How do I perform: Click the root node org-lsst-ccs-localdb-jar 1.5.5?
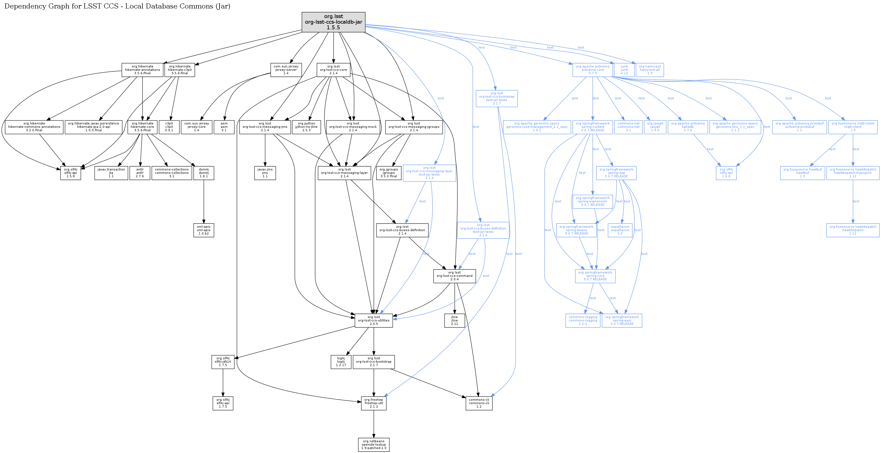coord(333,22)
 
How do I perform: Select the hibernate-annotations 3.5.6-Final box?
coord(142,70)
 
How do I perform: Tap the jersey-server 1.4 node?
coord(286,70)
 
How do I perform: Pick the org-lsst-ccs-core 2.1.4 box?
coord(333,70)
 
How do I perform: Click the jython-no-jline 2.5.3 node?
coord(306,127)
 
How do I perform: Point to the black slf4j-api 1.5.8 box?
coord(71,173)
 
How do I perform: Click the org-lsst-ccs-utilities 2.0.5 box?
coord(374,321)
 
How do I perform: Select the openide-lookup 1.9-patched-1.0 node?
coord(374,445)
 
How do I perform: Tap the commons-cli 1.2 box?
coord(479,403)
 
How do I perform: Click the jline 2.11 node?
coord(454,321)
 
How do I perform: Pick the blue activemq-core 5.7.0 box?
coord(592,70)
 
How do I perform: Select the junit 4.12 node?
coord(624,70)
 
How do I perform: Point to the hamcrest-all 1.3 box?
coord(649,70)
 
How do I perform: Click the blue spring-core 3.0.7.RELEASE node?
coord(595,276)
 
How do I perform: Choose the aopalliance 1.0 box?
coord(620,230)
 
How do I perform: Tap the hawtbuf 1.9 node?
coord(802,173)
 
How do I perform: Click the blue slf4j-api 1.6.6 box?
coord(726,173)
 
